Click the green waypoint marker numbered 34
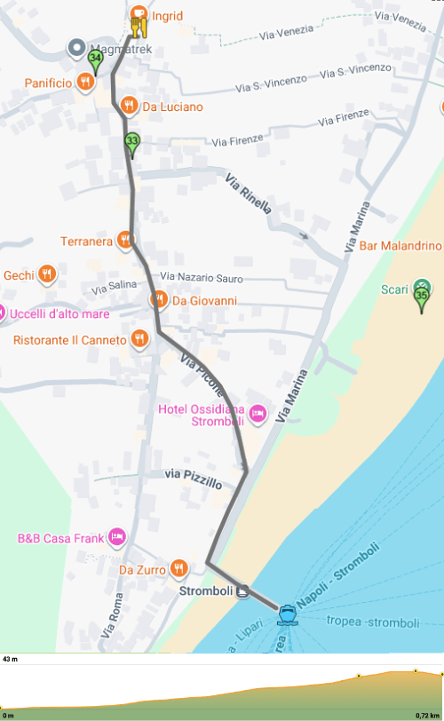pos(95,61)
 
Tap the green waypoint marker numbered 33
pos(132,143)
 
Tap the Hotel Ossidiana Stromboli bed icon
pos(258,412)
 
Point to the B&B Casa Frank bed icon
pos(117,537)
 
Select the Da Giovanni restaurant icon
pos(158,299)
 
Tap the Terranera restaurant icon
pos(125,240)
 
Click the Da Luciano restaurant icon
pos(129,106)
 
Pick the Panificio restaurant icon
pos(85,83)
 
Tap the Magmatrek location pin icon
pos(76,49)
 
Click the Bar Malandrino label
pos(399,246)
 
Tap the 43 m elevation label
pos(11,660)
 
